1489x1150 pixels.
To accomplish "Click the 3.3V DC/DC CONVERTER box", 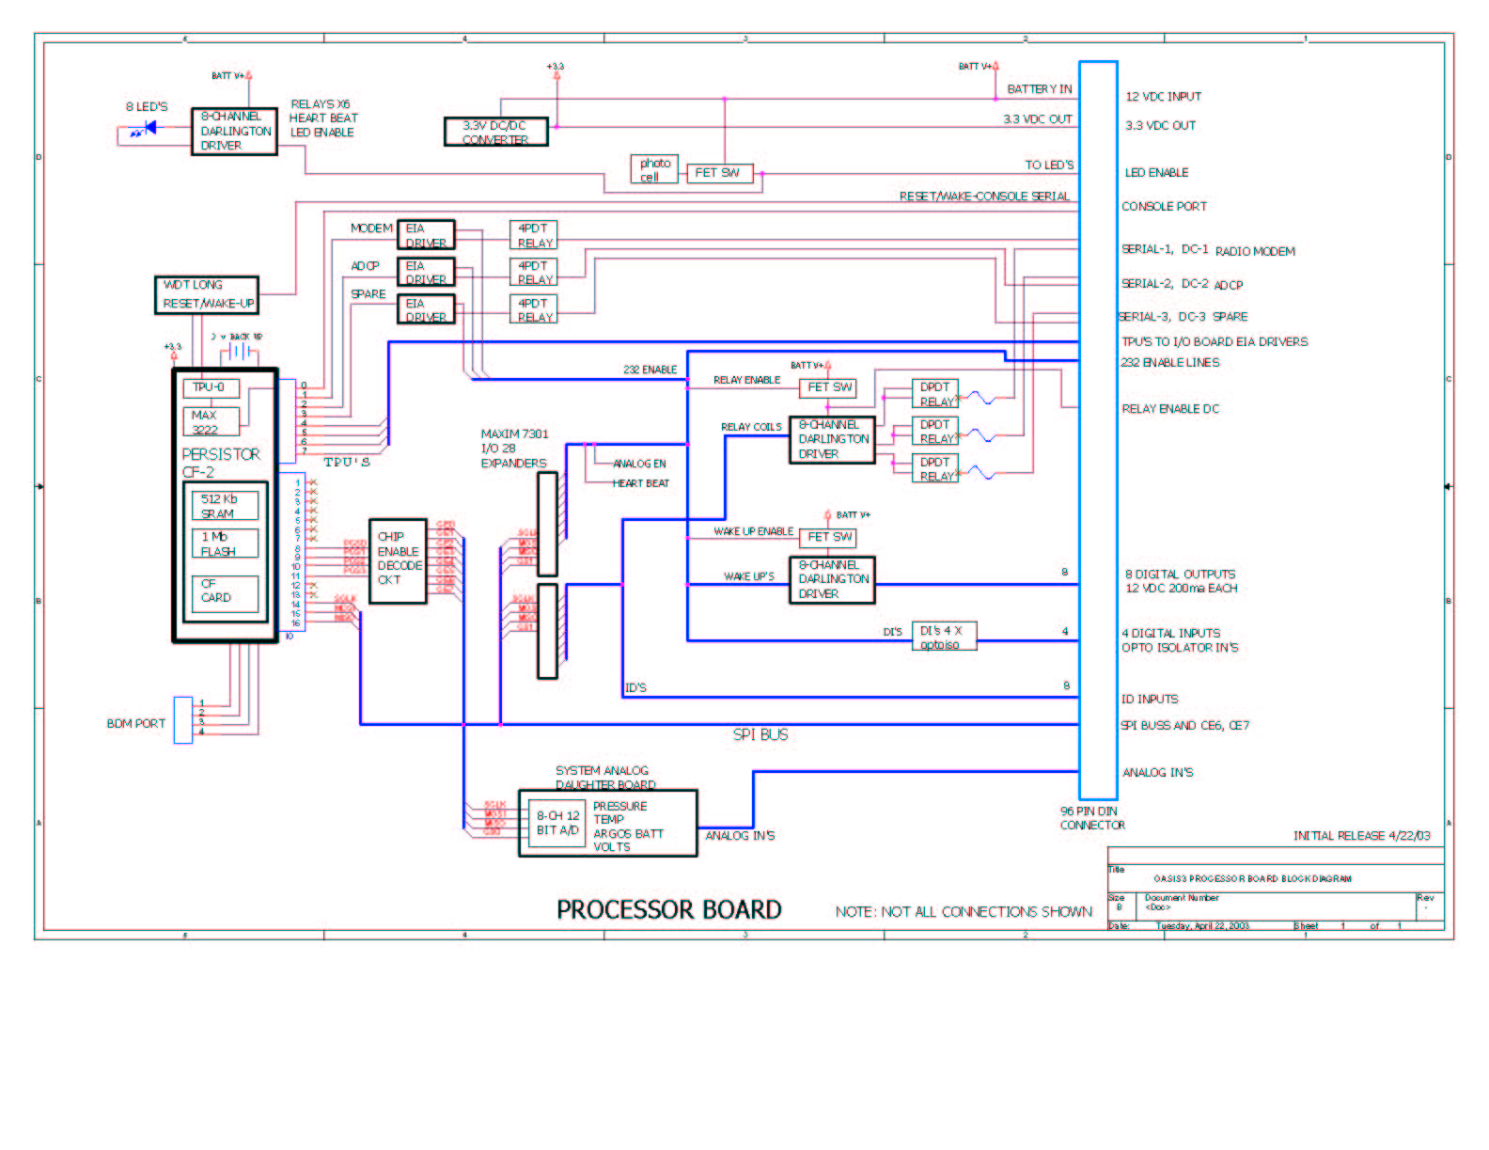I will (495, 132).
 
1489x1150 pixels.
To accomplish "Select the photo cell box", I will (654, 169).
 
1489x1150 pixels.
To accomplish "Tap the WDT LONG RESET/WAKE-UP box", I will (207, 294).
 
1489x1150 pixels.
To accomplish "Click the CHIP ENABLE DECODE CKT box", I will (398, 560).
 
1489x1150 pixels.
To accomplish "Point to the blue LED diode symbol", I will (148, 128).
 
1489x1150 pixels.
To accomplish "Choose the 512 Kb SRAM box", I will (225, 506).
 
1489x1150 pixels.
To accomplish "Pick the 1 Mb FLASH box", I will (225, 543).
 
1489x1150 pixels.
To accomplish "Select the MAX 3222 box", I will (211, 421).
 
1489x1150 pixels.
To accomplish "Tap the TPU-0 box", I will (211, 387).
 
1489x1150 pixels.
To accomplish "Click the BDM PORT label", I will (135, 723).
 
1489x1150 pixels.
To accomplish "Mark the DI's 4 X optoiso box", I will (944, 637).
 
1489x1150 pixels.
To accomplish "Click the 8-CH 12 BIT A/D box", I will (557, 823).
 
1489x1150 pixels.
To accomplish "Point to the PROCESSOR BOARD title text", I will (668, 909).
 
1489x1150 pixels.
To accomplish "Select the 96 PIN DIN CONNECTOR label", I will (1091, 818).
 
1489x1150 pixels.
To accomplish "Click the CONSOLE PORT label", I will (1164, 206).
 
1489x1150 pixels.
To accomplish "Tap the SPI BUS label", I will (760, 734).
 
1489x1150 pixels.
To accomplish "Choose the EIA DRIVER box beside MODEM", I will (426, 234).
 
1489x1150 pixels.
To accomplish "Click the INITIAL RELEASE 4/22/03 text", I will (1361, 835).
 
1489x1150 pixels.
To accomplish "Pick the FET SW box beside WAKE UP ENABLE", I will (828, 537).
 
